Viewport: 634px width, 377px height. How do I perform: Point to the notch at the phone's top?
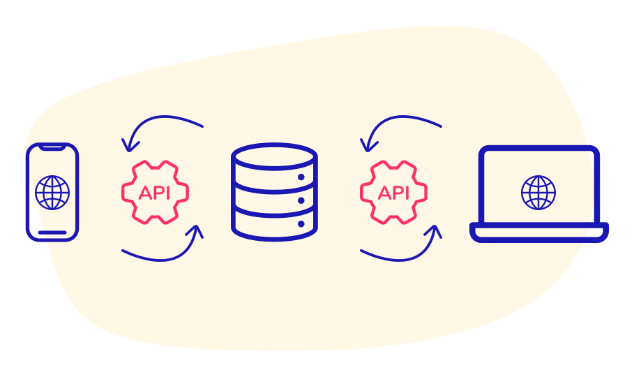click(x=52, y=147)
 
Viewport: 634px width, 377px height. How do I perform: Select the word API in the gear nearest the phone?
click(x=155, y=193)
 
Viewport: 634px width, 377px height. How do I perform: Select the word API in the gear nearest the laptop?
click(x=393, y=193)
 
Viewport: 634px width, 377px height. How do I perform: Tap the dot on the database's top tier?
click(x=301, y=177)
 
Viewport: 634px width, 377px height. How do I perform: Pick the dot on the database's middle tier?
click(x=301, y=200)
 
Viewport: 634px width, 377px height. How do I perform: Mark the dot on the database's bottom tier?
click(x=301, y=224)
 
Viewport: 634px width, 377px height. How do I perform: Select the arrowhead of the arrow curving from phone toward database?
click(x=197, y=230)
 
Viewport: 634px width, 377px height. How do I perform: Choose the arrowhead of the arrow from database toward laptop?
click(x=436, y=230)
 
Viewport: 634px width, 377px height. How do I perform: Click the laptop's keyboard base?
click(x=536, y=232)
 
